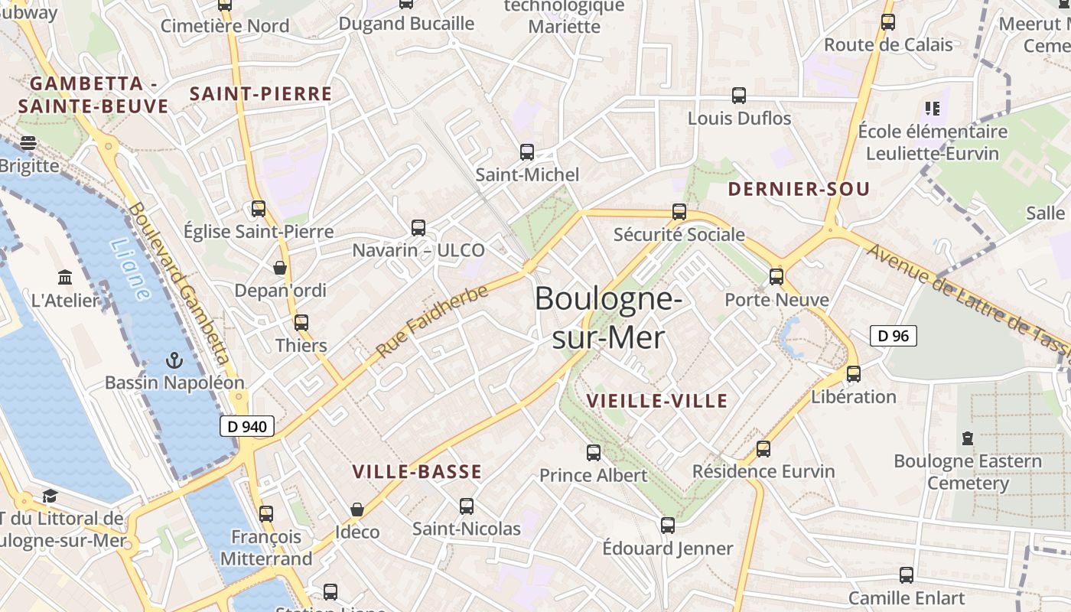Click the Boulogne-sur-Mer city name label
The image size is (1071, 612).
coord(608,317)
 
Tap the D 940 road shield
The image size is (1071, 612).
coord(247,427)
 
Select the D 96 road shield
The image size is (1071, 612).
coord(893,335)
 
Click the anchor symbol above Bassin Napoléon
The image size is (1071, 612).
coord(174,360)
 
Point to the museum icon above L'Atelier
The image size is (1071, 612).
coord(65,277)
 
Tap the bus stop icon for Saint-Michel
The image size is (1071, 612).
coord(527,151)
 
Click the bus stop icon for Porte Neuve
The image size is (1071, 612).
coord(776,276)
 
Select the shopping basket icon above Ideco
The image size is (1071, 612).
coord(357,509)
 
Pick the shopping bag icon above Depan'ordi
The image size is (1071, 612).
coord(280,268)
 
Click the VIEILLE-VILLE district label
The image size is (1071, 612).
coord(657,401)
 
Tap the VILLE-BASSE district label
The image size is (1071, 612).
coord(417,472)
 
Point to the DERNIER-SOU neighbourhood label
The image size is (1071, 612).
coord(799,189)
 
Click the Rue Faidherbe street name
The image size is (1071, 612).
coord(432,321)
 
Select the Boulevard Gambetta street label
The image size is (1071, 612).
coord(180,283)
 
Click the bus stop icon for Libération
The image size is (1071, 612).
coord(854,374)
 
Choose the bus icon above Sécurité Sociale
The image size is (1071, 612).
coord(679,212)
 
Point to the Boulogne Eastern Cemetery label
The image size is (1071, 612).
coord(968,472)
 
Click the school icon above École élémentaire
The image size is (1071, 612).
coord(932,109)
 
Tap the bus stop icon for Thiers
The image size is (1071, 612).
coord(301,323)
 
